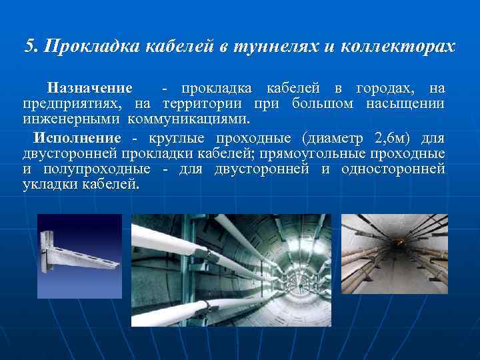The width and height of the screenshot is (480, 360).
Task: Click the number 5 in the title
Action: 29,47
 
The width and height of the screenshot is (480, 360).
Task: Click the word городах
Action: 387,89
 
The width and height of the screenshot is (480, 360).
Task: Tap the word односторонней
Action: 393,169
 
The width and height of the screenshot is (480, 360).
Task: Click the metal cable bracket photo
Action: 79,255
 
